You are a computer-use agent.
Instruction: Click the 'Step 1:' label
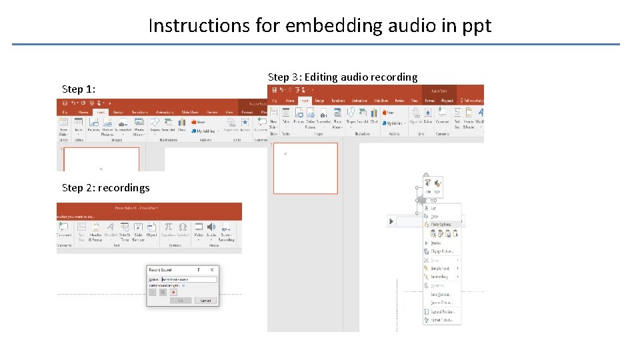(79, 89)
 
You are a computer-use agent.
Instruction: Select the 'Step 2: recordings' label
(105, 187)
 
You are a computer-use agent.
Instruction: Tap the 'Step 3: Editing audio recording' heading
(343, 77)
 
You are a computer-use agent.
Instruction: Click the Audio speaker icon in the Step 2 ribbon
(211, 229)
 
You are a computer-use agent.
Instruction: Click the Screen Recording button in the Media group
(227, 230)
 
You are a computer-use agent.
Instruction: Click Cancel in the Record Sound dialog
(205, 301)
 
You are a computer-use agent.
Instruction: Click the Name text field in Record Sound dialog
(189, 279)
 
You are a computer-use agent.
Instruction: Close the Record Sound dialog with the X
(212, 269)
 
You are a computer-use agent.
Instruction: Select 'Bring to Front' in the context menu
(441, 268)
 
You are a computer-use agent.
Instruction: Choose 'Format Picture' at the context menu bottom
(441, 320)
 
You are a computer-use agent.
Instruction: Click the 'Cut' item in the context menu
(434, 208)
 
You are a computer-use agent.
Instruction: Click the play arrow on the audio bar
(392, 221)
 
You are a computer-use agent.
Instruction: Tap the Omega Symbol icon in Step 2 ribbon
(183, 229)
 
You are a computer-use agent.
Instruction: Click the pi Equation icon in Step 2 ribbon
(169, 229)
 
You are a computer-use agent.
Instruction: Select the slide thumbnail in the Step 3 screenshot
(305, 168)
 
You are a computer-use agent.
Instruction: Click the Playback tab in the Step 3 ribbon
(448, 101)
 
